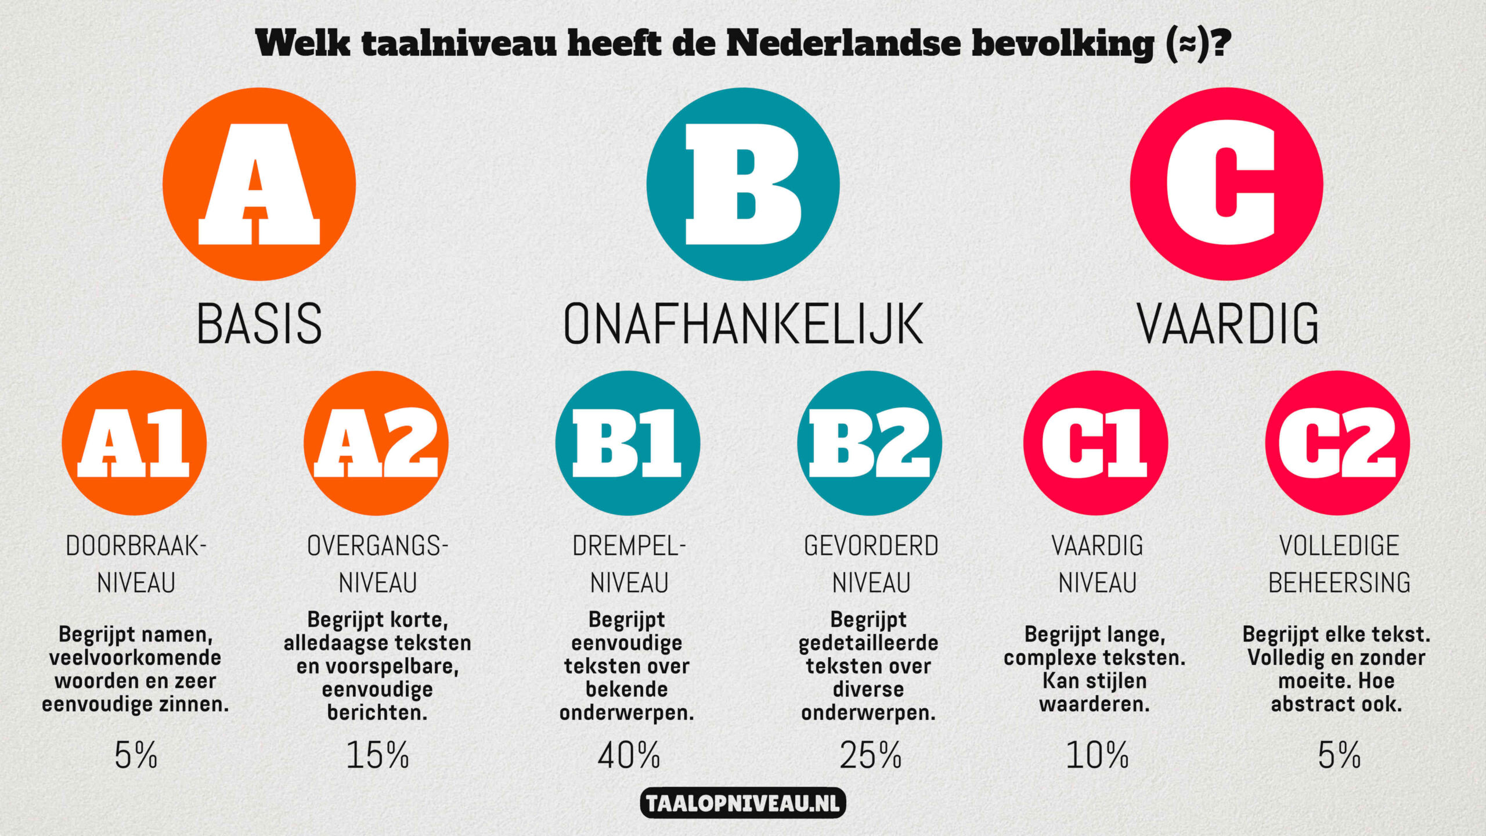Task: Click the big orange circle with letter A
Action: (x=259, y=184)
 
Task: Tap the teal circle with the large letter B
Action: (x=743, y=184)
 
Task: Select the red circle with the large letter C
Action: (x=1227, y=184)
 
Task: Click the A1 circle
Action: (x=134, y=443)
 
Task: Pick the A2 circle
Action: (x=376, y=443)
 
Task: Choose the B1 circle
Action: (x=627, y=443)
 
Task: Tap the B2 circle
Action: (x=870, y=443)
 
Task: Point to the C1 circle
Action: (x=1095, y=443)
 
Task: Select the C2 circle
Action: (x=1337, y=443)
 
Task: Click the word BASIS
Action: (x=259, y=323)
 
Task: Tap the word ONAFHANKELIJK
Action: (x=743, y=323)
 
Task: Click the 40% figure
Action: (x=629, y=755)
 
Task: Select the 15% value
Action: (x=377, y=755)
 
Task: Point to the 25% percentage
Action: (x=870, y=755)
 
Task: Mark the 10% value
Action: (x=1097, y=755)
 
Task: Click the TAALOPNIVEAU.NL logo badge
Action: (x=743, y=803)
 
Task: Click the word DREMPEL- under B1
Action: (x=629, y=546)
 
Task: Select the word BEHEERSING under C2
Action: (x=1339, y=583)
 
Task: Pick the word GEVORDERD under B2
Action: (x=871, y=546)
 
